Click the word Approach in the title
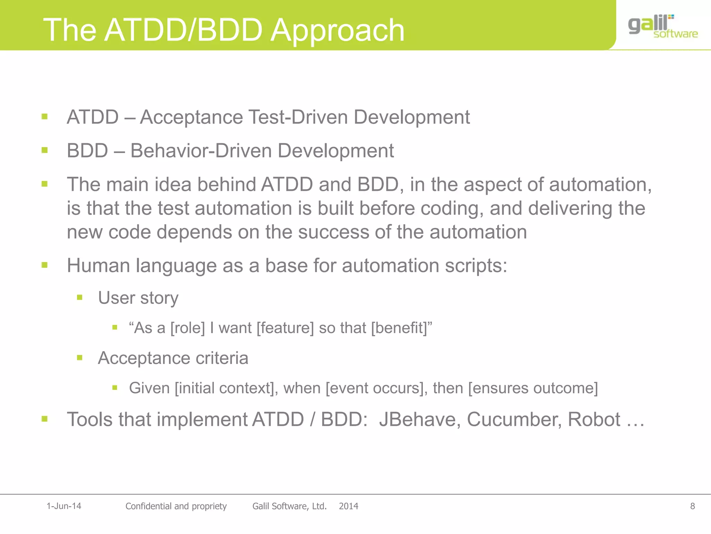coord(337,30)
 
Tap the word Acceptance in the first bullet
coord(191,117)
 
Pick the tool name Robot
coord(594,419)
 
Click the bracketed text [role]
coord(187,328)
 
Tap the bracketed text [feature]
coord(285,328)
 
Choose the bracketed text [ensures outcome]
coord(533,388)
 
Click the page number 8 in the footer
coord(692,506)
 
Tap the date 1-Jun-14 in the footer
coord(64,506)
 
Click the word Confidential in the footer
coord(149,506)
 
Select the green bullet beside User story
coord(80,298)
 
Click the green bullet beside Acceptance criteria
coord(80,357)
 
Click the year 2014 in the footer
coord(348,506)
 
